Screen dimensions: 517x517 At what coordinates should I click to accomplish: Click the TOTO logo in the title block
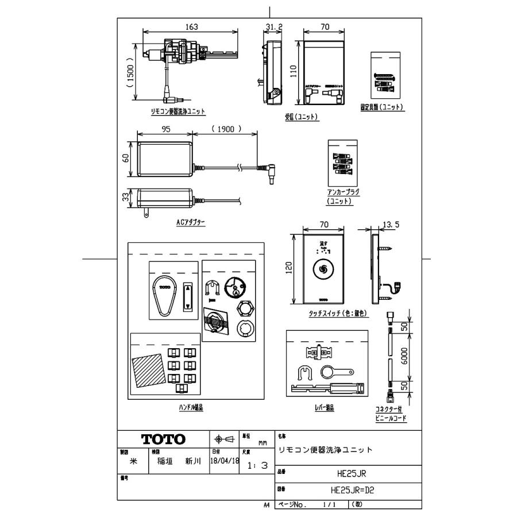tap(164, 439)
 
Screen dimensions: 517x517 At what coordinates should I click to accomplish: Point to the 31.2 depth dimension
tap(273, 26)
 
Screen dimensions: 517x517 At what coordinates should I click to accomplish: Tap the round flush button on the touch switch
tap(323, 269)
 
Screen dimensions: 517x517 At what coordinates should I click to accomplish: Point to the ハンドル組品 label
tap(191, 407)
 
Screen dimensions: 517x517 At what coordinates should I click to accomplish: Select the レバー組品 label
tap(325, 407)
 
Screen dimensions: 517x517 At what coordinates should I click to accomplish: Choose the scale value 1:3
tap(257, 466)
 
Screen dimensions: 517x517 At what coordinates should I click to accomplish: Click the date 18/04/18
tap(225, 461)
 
